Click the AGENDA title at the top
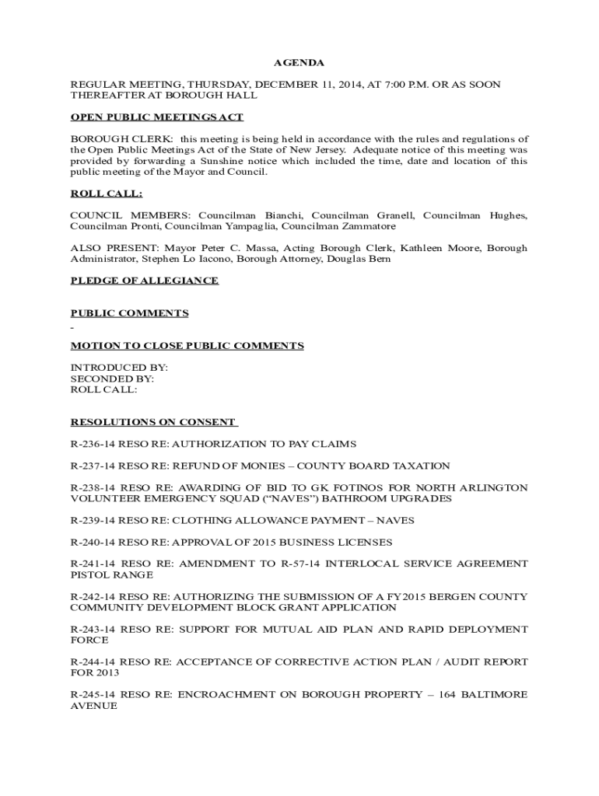[x=298, y=62]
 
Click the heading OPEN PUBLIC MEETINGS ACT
[x=157, y=117]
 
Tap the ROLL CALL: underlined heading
[x=106, y=194]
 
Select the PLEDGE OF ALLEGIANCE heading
[x=144, y=281]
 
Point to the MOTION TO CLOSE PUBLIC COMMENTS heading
[x=187, y=346]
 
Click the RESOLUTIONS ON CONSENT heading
[x=153, y=422]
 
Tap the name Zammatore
[x=366, y=226]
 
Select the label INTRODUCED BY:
[x=119, y=367]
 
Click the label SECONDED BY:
[x=112, y=379]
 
